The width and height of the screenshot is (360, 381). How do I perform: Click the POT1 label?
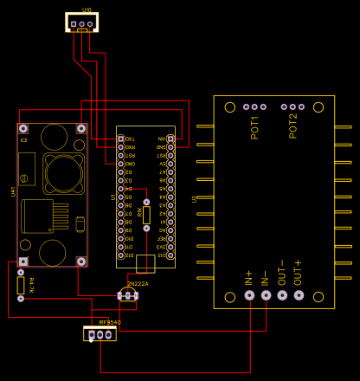coord(255,126)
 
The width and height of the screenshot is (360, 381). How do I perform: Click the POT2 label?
coord(293,126)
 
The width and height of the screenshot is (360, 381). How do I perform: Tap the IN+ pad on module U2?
coord(249,295)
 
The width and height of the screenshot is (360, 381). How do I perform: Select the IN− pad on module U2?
coord(266,295)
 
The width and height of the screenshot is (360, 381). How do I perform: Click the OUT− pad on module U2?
coord(282,295)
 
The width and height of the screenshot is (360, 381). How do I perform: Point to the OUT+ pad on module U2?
coord(299,295)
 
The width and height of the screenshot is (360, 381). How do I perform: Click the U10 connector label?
coord(87,10)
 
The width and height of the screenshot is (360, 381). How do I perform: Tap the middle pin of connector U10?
coord(82,23)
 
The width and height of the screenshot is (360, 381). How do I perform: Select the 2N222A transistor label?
coord(138,284)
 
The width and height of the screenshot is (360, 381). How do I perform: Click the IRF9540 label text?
coord(110,322)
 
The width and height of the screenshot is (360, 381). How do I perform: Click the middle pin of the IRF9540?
coord(101,334)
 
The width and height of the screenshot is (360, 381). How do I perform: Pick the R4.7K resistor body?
coord(21,284)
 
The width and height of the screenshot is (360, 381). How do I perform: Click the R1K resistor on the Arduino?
coord(146,214)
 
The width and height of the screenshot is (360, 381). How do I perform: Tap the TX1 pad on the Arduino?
coord(121,139)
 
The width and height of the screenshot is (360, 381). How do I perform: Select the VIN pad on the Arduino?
coord(170,139)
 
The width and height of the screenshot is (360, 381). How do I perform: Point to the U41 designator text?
coord(13,191)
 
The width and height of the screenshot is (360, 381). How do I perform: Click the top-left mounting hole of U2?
coord(229,107)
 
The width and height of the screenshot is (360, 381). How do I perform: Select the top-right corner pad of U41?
coord(81,129)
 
